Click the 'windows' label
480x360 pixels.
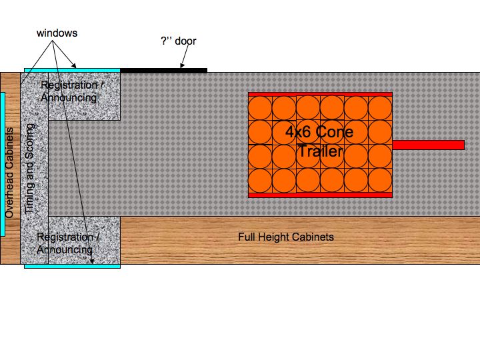pos(57,33)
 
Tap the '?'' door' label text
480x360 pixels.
pos(179,41)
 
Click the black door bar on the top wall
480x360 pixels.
pos(164,71)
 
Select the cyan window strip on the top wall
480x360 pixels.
pos(72,71)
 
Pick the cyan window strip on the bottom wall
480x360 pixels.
pos(72,266)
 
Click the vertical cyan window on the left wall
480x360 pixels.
pos(3,165)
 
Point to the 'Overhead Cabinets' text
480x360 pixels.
pos(9,173)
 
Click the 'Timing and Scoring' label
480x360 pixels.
pos(29,169)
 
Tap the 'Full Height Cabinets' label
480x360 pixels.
pos(286,237)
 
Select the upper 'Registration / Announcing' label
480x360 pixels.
pos(72,91)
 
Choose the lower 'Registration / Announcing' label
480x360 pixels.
pos(68,243)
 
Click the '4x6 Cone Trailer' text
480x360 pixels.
pos(319,141)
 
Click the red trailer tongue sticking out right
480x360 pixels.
pos(429,145)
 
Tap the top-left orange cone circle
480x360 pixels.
pos(260,108)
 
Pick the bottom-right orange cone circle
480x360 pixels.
pos(380,180)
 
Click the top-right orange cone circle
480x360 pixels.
pos(380,108)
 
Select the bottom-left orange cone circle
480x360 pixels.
pos(260,180)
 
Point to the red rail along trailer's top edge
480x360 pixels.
pos(320,94)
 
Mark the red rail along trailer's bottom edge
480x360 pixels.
pos(320,195)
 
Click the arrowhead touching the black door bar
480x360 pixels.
pos(182,65)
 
